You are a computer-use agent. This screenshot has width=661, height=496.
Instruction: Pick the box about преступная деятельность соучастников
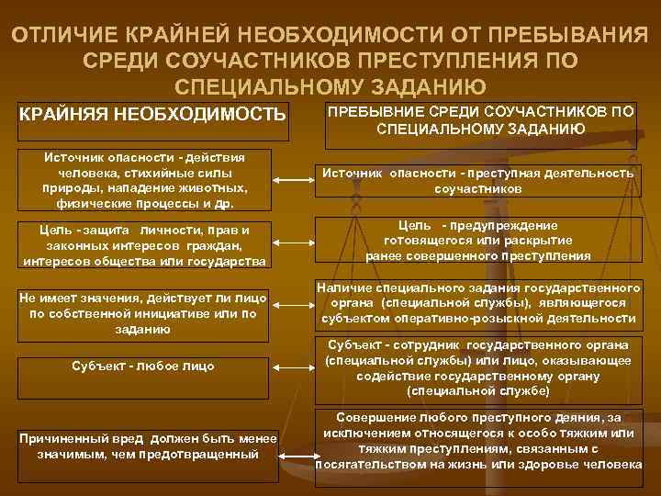477,180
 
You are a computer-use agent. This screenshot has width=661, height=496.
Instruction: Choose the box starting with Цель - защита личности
144,244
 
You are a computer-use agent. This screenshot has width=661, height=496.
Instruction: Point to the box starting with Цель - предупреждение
477,241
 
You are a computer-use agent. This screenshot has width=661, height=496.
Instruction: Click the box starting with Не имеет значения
144,313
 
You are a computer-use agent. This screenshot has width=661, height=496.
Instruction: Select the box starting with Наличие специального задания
477,303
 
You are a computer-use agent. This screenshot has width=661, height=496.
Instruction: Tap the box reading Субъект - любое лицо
144,366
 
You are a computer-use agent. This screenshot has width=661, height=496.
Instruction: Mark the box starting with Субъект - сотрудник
477,367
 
